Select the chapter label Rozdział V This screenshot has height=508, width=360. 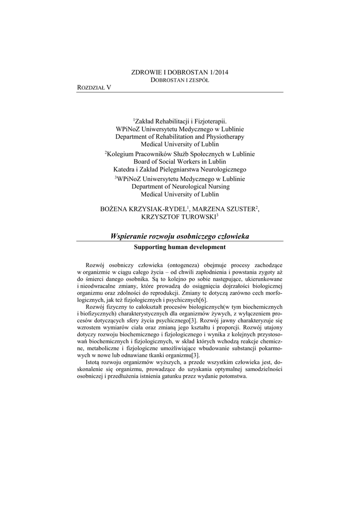94,87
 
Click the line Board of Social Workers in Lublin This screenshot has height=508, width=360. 180,162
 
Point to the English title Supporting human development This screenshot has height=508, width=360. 180,247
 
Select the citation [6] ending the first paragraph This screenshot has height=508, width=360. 203,300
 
